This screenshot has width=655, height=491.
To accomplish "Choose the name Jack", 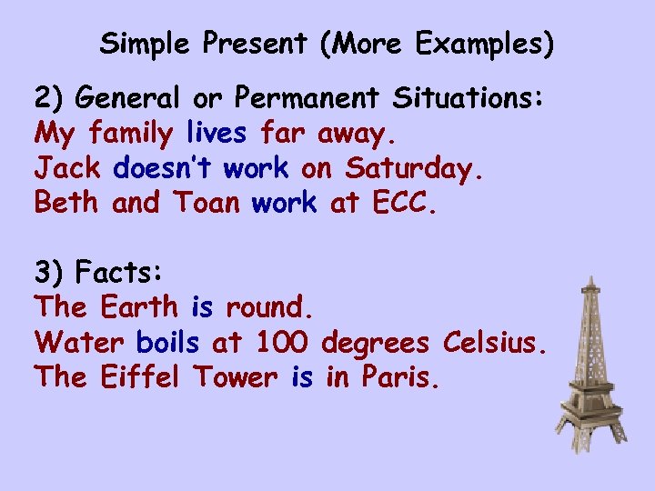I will pos(69,168).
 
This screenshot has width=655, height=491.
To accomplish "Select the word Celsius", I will pos(495,342).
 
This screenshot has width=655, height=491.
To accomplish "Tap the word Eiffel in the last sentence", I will pos(142,376).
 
